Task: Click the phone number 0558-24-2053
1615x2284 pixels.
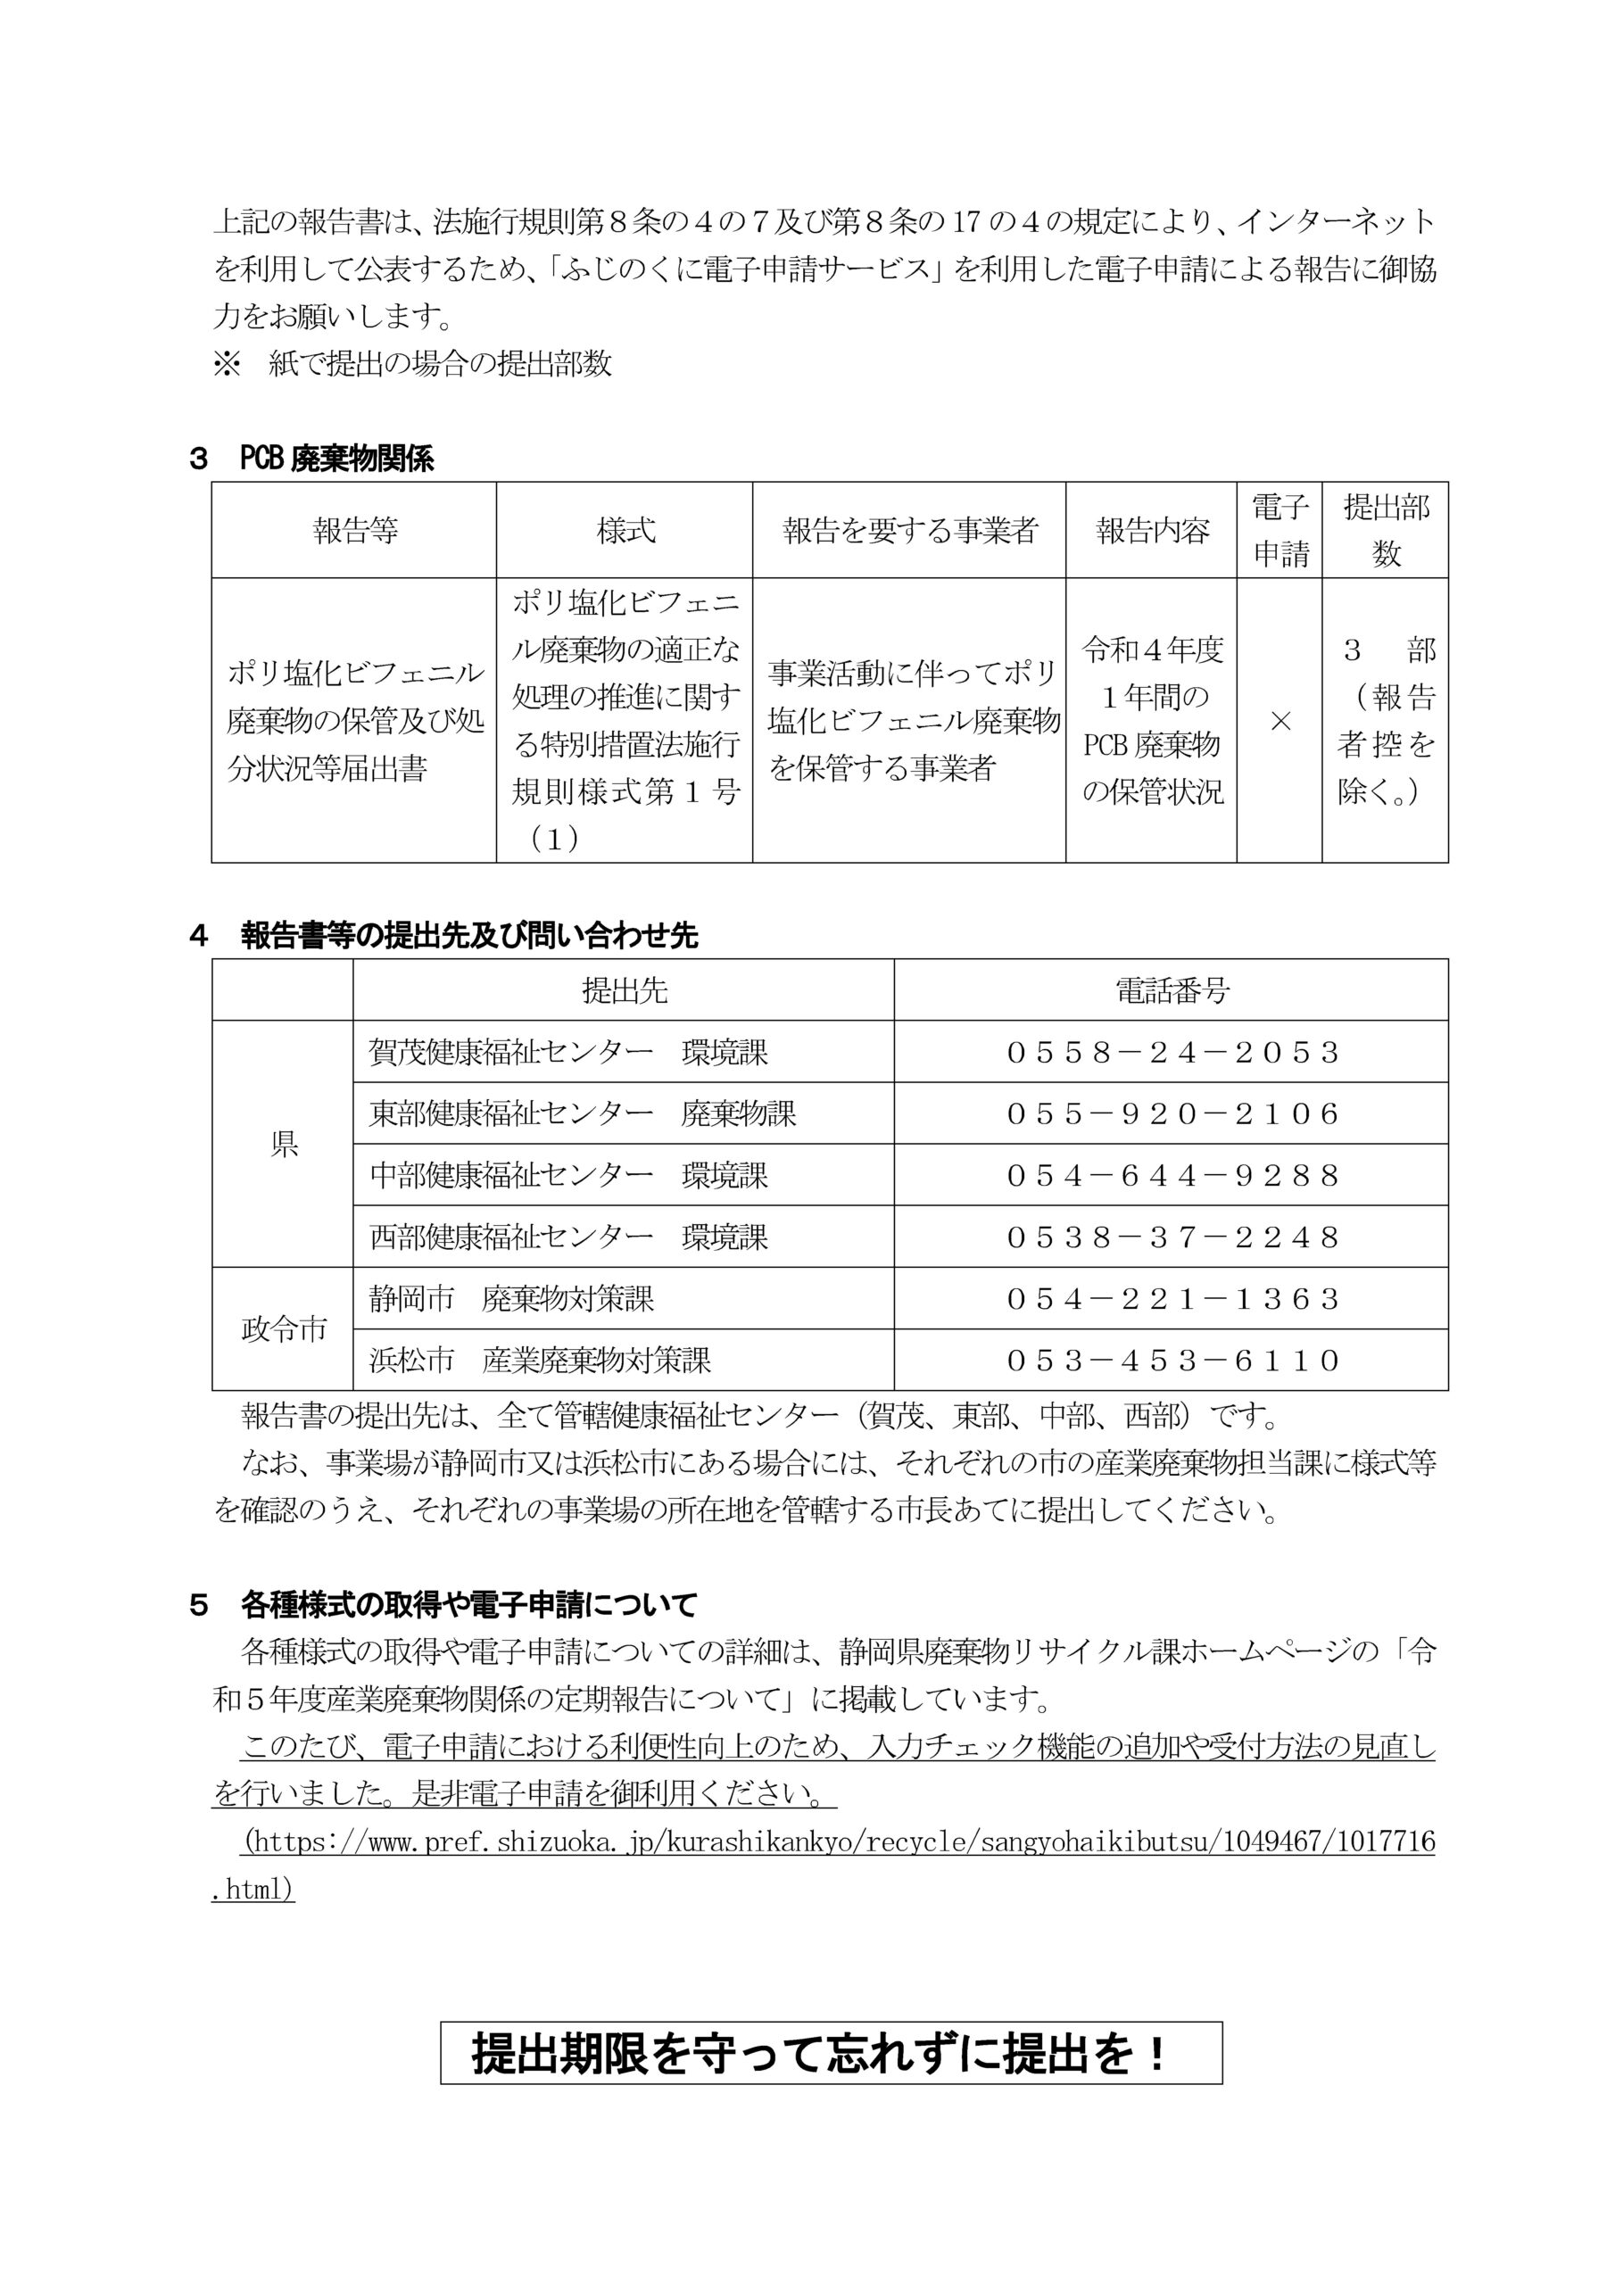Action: [x=1172, y=1053]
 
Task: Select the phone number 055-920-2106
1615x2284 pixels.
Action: [x=1172, y=1114]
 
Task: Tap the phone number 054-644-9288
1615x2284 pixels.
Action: [x=1172, y=1176]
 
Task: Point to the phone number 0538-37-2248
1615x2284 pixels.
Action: [x=1172, y=1237]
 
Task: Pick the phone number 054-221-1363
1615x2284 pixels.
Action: [x=1172, y=1299]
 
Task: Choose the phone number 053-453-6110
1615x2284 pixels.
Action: [x=1172, y=1361]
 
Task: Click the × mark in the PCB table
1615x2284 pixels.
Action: [x=1280, y=721]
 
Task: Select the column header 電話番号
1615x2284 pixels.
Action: [x=1172, y=991]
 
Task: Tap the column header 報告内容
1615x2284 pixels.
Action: [x=1152, y=531]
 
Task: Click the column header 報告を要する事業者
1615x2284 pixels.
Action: [x=909, y=531]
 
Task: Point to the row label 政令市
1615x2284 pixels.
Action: [x=284, y=1330]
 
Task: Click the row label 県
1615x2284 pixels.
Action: [x=284, y=1145]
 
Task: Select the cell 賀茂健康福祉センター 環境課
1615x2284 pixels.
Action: [x=568, y=1053]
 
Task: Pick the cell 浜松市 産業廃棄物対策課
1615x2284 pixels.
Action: [x=541, y=1361]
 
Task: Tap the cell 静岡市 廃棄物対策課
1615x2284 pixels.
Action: [x=511, y=1299]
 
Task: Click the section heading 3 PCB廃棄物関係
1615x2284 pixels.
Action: [x=311, y=459]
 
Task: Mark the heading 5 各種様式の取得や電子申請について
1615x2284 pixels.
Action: [x=443, y=1604]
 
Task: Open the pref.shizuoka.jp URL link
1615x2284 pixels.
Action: [x=839, y=1842]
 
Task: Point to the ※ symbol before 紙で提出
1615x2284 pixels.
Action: [x=227, y=364]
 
